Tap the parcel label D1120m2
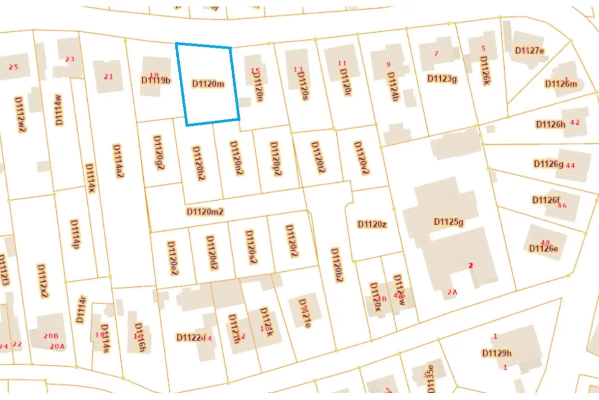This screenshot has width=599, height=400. [205, 211]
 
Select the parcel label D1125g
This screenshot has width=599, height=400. [449, 221]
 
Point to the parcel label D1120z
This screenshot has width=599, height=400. [372, 224]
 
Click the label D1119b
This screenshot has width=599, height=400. [156, 80]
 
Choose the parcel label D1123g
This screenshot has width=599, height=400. [442, 78]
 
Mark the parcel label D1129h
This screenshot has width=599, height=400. [497, 353]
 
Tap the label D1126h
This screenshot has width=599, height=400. [550, 124]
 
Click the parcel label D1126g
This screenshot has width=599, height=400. [549, 163]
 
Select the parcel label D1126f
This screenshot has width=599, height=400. [546, 200]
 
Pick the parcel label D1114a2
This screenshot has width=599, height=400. [118, 161]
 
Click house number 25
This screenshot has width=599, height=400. [13, 67]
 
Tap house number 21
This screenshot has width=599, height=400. [108, 76]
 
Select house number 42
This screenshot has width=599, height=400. [575, 122]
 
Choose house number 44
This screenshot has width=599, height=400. [571, 165]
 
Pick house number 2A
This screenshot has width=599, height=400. [452, 292]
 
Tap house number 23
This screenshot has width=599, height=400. [69, 59]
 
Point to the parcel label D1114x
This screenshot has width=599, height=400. [90, 178]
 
